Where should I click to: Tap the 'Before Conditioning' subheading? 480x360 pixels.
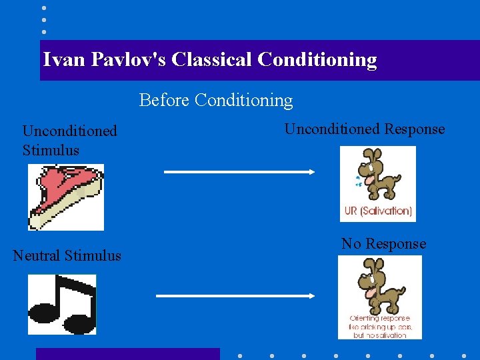pyautogui.click(x=216, y=101)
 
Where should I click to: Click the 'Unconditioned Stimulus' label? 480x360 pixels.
pyautogui.click(x=69, y=141)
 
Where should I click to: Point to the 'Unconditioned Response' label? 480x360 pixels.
pyautogui.click(x=365, y=129)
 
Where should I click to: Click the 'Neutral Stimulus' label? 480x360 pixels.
pyautogui.click(x=67, y=255)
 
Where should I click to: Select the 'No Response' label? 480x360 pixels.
pyautogui.click(x=383, y=244)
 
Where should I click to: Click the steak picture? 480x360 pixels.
pyautogui.click(x=65, y=197)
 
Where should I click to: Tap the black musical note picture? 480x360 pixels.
pyautogui.click(x=62, y=304)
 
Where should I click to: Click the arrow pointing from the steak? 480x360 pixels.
pyautogui.click(x=239, y=172)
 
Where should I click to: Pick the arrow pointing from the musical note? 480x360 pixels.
pyautogui.click(x=235, y=295)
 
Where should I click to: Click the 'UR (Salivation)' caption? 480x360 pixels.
pyautogui.click(x=377, y=211)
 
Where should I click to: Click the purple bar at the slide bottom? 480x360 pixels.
pyautogui.click(x=127, y=354)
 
